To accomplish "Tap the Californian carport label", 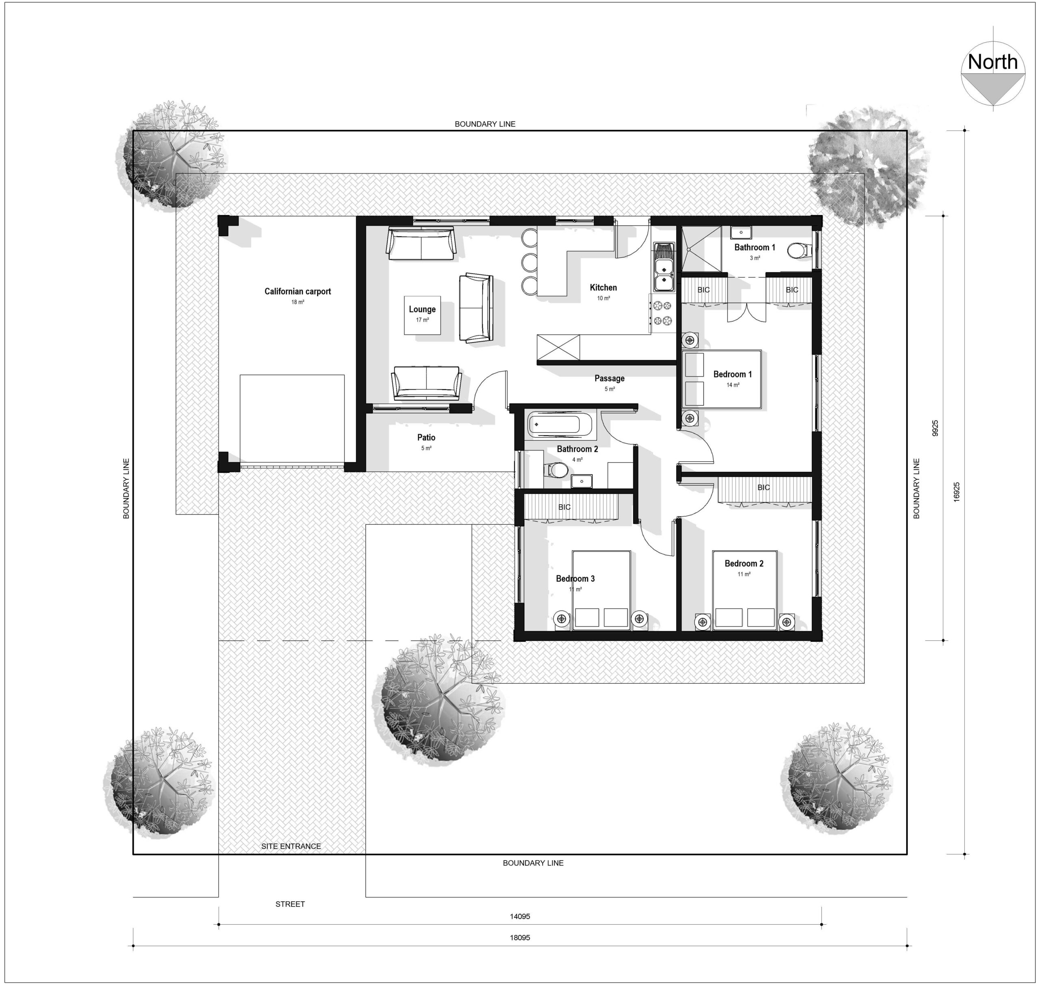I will click(297, 292).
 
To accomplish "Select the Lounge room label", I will click(422, 310).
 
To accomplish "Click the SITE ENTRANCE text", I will click(291, 846).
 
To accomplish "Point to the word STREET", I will click(290, 904).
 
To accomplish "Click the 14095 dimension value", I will click(519, 916).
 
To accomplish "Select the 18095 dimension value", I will click(519, 937).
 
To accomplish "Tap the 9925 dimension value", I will click(935, 428).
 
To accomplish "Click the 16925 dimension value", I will click(956, 492).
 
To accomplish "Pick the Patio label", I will click(426, 437).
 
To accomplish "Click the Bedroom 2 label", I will click(744, 563).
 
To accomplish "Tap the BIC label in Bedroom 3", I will click(564, 507).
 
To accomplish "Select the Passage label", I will click(609, 378).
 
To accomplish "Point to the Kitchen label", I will click(603, 287).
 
